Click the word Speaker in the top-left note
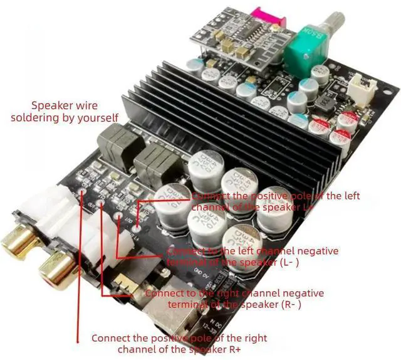coord(52,105)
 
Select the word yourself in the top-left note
coord(96,117)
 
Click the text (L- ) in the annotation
coord(286,262)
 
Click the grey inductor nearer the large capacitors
coord(152,161)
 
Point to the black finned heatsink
coord(238,119)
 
